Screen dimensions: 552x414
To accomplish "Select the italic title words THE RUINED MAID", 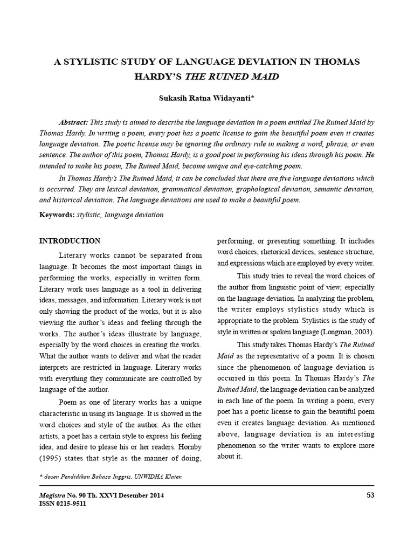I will [x=232, y=77].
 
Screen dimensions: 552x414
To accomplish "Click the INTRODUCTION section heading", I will [x=70, y=240].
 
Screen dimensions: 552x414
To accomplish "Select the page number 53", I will [x=370, y=495].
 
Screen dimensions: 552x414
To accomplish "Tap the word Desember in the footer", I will [x=130, y=495].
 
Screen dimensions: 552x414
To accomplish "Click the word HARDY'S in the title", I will [x=157, y=77].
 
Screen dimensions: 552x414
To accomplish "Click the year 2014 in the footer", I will [x=156, y=495].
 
